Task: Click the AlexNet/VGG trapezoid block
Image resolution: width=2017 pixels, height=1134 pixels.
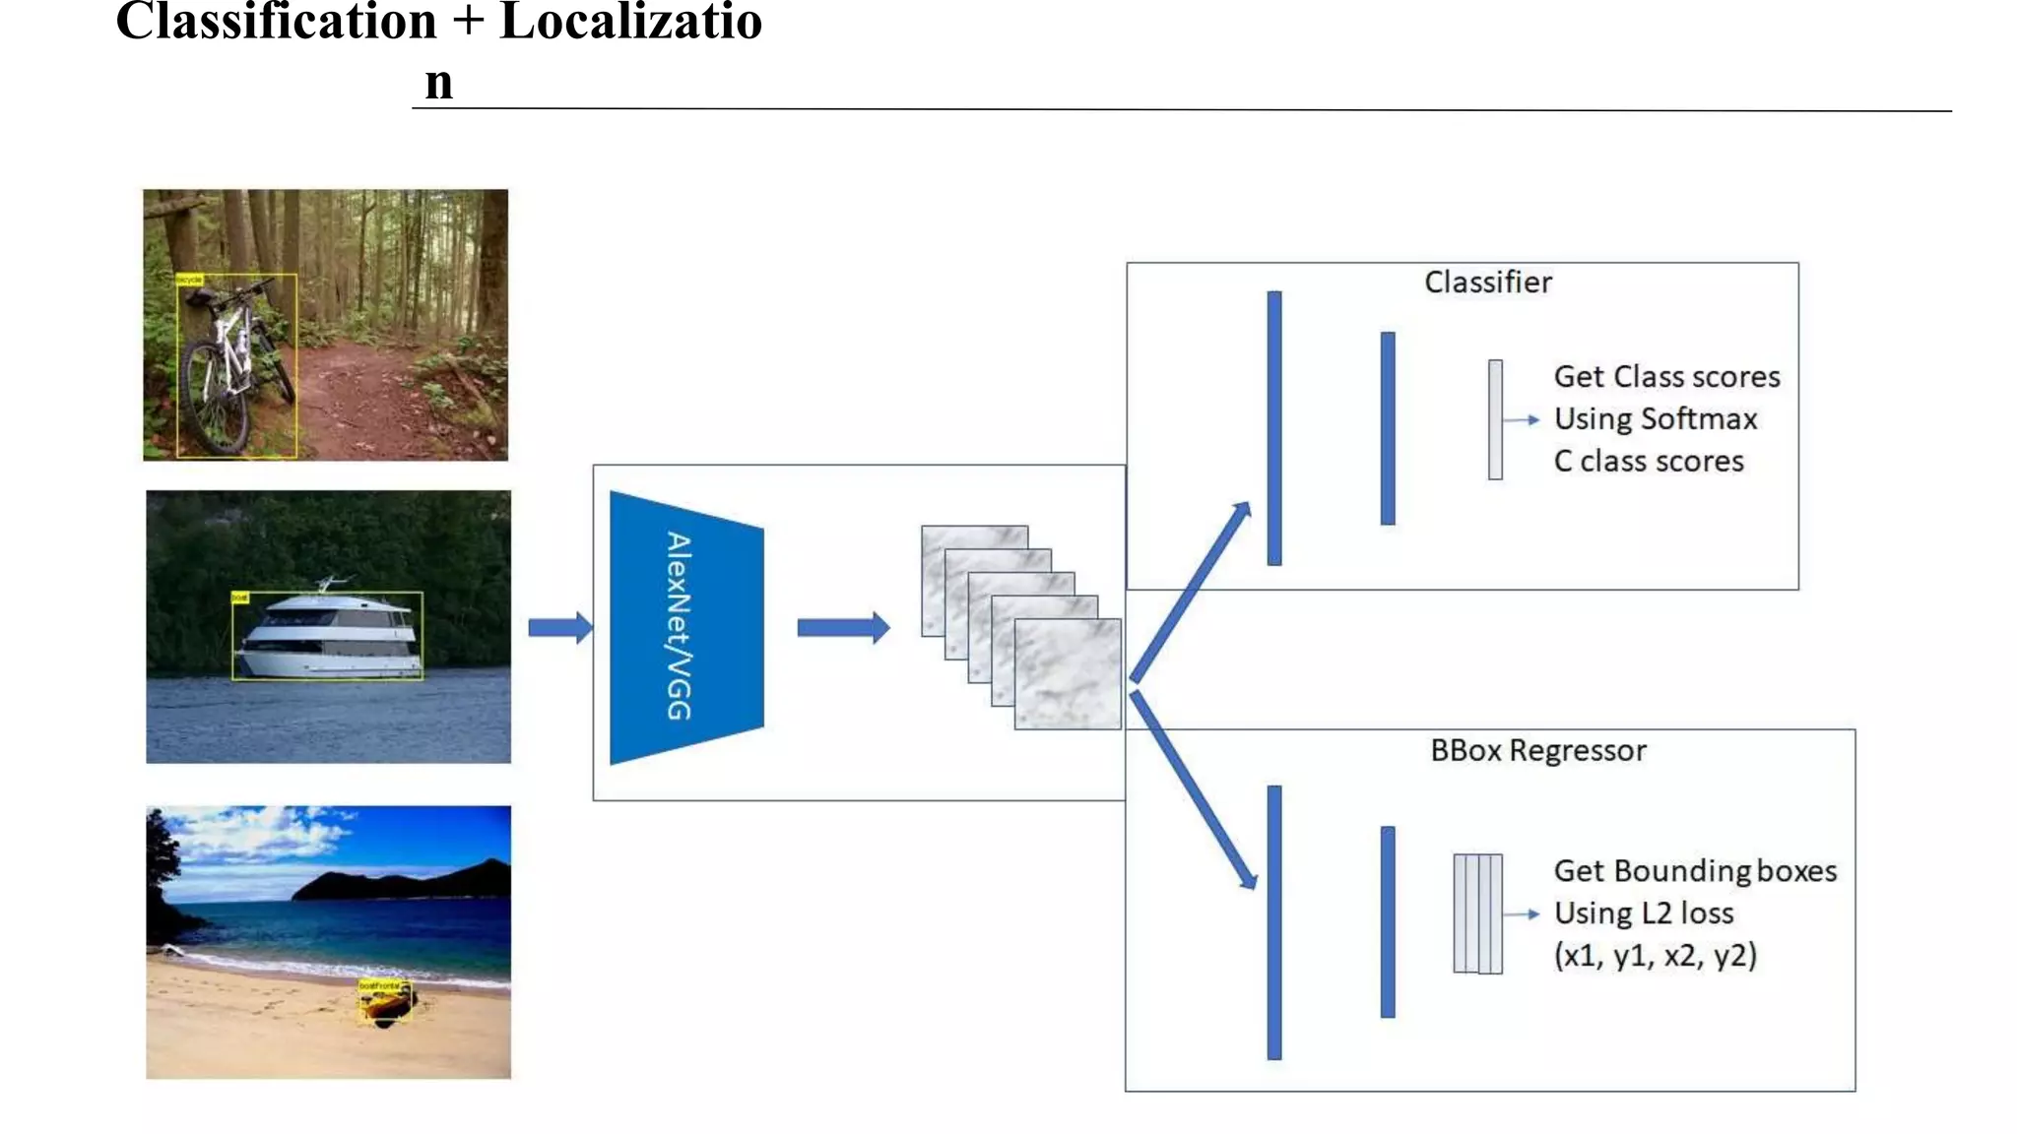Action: point(686,627)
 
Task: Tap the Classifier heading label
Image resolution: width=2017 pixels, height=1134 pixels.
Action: point(1487,283)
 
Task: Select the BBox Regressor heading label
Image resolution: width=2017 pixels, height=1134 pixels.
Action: point(1537,751)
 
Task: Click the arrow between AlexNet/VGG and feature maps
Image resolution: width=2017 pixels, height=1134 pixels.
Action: point(842,627)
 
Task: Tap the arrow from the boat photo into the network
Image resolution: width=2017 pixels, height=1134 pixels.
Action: point(559,627)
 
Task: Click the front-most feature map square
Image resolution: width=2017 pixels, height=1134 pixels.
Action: point(1068,674)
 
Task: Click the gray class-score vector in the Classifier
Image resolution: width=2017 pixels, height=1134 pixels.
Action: point(1495,419)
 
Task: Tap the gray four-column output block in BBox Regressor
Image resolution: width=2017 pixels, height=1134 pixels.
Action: point(1477,914)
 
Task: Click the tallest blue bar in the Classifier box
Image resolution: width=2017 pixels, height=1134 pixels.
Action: point(1274,428)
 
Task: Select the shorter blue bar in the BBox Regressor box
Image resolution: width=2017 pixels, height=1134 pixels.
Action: point(1388,922)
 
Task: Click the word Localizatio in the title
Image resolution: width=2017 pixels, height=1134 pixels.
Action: point(630,22)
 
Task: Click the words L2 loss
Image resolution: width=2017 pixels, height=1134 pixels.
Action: point(1687,913)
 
